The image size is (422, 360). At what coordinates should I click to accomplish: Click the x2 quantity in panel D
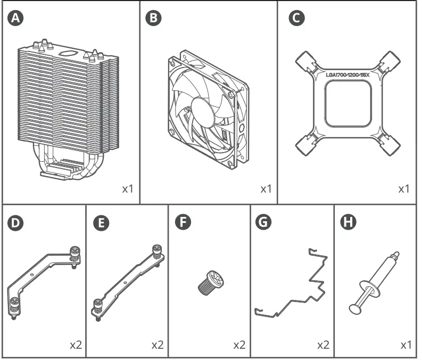click(x=76, y=345)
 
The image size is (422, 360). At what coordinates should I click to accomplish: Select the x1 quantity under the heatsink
click(x=127, y=189)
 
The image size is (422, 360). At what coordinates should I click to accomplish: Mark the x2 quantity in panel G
click(x=322, y=345)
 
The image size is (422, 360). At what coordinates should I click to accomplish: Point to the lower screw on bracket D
click(x=13, y=307)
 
